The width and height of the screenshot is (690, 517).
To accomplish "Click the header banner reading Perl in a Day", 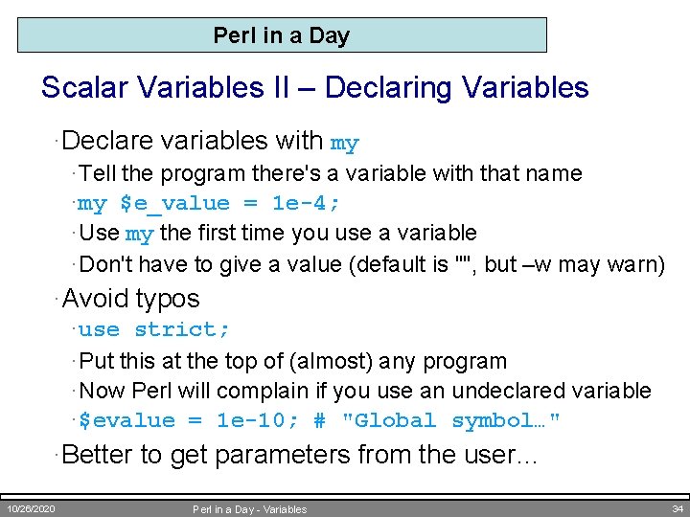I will (x=282, y=35).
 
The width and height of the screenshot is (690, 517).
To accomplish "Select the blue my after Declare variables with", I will (x=344, y=144).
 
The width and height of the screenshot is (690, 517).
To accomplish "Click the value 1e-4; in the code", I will (x=307, y=204).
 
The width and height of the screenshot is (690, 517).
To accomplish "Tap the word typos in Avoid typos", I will (x=167, y=299).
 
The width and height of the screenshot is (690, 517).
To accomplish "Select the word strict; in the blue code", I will (x=182, y=330).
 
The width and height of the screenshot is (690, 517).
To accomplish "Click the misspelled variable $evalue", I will (x=126, y=421).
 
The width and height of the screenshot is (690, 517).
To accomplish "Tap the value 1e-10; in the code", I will (x=251, y=421).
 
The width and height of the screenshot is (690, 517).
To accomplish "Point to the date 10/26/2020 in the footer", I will (x=32, y=508).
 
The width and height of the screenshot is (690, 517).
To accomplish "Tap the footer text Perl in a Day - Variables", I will (x=250, y=509).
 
